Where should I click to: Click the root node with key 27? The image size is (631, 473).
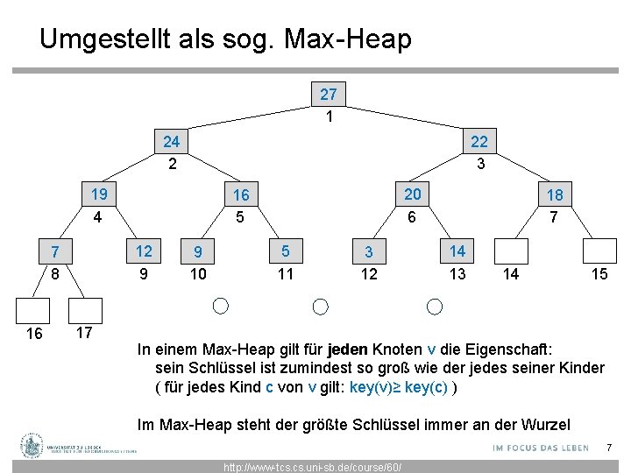point(329,94)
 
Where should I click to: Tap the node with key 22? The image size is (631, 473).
point(479,141)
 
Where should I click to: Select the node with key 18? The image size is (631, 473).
point(554,194)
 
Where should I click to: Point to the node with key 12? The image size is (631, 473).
point(143,251)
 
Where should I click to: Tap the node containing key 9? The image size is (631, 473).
point(198,252)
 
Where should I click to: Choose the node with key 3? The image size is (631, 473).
point(369,252)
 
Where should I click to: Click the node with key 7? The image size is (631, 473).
point(54,252)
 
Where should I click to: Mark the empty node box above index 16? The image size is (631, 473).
point(35,311)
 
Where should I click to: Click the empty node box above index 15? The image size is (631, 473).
point(600,251)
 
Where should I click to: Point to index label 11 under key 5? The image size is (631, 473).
point(285,275)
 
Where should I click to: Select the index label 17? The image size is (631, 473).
point(85,333)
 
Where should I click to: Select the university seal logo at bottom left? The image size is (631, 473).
point(33,446)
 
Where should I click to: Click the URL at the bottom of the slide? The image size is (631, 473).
point(312,467)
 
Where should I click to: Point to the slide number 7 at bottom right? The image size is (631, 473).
point(608,448)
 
